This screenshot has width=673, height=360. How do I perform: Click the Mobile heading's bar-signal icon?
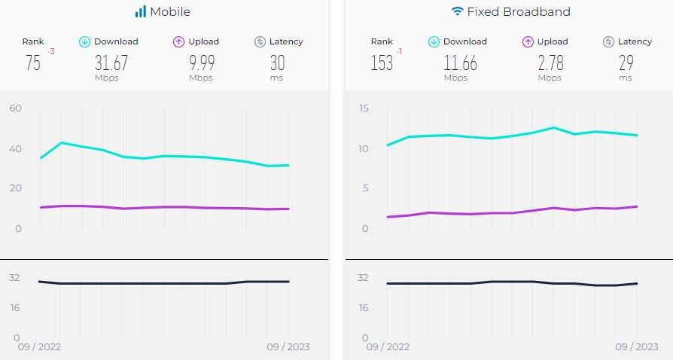click(141, 12)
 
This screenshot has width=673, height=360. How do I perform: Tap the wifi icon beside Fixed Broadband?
click(457, 12)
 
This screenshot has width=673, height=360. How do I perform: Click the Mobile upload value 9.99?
click(201, 63)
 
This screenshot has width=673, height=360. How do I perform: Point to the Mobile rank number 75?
click(33, 63)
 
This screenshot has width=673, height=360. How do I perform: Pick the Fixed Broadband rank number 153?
click(382, 63)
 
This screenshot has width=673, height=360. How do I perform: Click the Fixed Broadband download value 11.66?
click(460, 63)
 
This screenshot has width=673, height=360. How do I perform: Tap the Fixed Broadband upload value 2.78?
click(550, 63)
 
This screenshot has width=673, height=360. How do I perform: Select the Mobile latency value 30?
click(277, 63)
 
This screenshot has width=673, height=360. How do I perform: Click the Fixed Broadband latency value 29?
click(626, 63)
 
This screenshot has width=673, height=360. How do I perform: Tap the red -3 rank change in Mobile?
click(51, 52)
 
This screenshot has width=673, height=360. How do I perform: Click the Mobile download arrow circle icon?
click(85, 42)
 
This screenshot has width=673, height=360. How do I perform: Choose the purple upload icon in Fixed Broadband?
click(528, 42)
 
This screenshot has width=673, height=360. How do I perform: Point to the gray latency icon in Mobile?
click(260, 42)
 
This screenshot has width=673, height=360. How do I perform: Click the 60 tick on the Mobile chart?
click(16, 108)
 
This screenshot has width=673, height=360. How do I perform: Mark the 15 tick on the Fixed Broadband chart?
click(364, 108)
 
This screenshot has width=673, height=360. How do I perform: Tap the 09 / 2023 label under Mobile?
click(288, 347)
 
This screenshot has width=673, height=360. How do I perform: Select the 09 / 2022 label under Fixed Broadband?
click(388, 347)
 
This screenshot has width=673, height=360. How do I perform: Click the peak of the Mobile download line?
click(62, 142)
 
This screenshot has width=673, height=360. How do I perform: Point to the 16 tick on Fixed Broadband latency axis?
click(364, 307)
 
